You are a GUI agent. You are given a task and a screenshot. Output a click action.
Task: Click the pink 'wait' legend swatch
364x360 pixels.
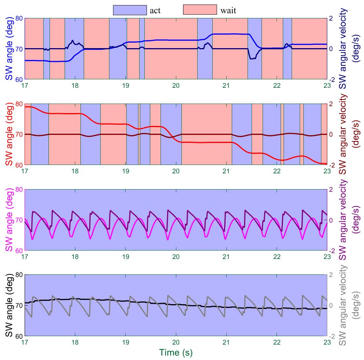coord(199,10)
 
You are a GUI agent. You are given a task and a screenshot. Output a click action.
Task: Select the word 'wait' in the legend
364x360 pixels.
coord(228,10)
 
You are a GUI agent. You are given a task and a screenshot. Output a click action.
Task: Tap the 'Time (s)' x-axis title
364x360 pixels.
coord(176,352)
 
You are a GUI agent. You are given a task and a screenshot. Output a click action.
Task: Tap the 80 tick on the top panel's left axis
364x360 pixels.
coord(19,18)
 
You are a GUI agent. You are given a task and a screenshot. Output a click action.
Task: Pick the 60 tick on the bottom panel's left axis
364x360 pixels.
coord(19,336)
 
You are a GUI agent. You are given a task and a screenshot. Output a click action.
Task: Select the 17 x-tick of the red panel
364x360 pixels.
coord(25,171)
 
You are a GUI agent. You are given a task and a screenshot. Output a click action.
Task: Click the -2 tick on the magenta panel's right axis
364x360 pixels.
coord(332,251)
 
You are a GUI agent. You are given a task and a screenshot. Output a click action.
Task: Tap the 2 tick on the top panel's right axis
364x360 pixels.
coord(332,18)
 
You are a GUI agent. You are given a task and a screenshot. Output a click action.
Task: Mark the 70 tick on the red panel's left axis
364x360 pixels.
coord(19,134)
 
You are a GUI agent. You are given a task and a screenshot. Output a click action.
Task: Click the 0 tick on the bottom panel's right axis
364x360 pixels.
coord(332,305)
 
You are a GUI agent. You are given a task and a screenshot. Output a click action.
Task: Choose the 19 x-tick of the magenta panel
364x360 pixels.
coord(126,256)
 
